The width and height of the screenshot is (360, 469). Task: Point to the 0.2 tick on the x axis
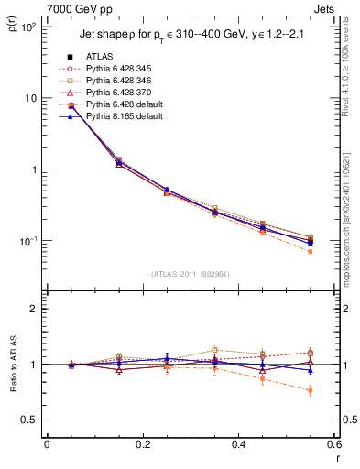tap(142, 444)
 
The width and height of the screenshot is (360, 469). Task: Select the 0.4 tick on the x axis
tap(238, 444)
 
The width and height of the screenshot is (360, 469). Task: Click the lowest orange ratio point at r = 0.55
tap(311, 391)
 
